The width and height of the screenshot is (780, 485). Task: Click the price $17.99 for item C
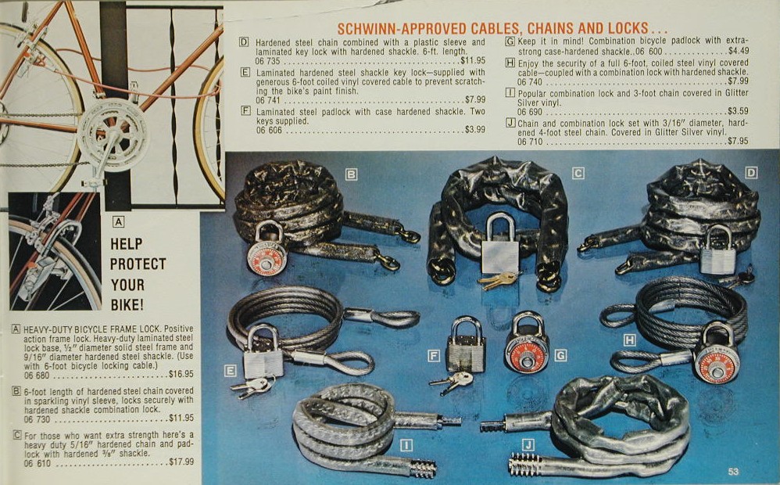coord(181,462)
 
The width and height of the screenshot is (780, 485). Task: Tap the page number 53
coord(733,471)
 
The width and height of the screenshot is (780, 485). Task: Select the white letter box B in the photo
coord(351,174)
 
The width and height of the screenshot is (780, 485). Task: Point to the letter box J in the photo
coord(528,444)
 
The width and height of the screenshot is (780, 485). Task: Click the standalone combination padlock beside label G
coord(528,342)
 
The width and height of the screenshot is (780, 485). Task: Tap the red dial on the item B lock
coord(267,263)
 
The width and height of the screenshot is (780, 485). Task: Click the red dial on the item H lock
coord(717,368)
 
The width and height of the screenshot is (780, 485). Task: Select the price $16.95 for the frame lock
coord(181,374)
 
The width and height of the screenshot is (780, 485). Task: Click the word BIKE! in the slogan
coord(127,305)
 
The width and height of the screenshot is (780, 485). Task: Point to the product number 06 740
coord(529,82)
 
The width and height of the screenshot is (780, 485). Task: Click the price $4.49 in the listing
coord(739,51)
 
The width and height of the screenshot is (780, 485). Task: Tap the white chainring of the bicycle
coord(113,134)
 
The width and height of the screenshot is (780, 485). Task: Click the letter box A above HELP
coord(118,221)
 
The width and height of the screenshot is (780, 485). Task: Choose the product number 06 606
coord(269,131)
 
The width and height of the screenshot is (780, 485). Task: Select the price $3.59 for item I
coord(738,112)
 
